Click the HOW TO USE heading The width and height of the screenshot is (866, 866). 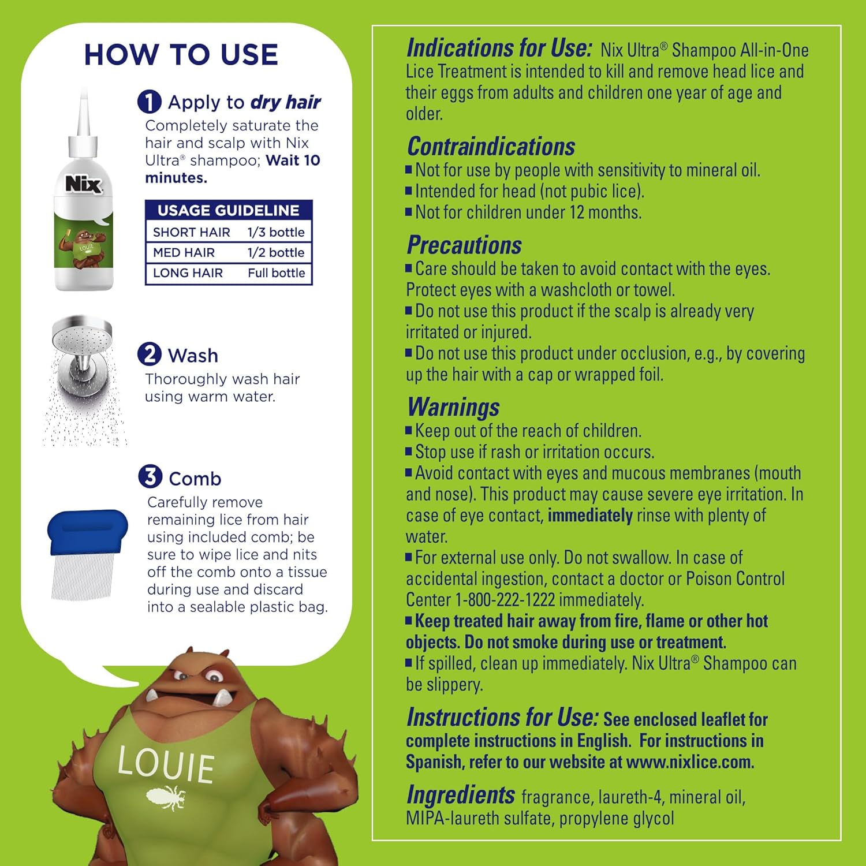pyautogui.click(x=181, y=55)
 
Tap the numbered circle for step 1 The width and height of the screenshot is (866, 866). pyautogui.click(x=149, y=102)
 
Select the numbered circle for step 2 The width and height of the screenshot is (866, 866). pyautogui.click(x=150, y=354)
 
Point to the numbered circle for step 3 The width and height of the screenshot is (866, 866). pyautogui.click(x=150, y=477)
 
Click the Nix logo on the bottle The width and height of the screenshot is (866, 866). pyautogui.click(x=84, y=184)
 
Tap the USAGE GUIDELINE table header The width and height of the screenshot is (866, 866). pyautogui.click(x=229, y=210)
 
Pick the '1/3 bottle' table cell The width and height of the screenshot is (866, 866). pyautogui.click(x=276, y=232)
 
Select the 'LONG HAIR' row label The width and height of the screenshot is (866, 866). pyautogui.click(x=188, y=273)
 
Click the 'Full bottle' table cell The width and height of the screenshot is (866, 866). pyautogui.click(x=276, y=273)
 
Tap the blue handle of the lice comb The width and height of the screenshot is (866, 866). pyautogui.click(x=87, y=530)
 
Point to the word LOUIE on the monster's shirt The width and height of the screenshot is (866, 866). pyautogui.click(x=166, y=764)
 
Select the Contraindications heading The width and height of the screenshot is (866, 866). pyautogui.click(x=491, y=147)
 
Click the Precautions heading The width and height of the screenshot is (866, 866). pyautogui.click(x=464, y=245)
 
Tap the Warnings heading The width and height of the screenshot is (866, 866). pyautogui.click(x=453, y=407)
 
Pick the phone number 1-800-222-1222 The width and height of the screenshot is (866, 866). pyautogui.click(x=505, y=600)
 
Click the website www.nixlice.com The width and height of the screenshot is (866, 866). pyautogui.click(x=689, y=762)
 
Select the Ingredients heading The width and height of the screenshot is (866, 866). pyautogui.click(x=461, y=795)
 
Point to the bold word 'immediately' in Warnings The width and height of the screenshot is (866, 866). pyautogui.click(x=589, y=515)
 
